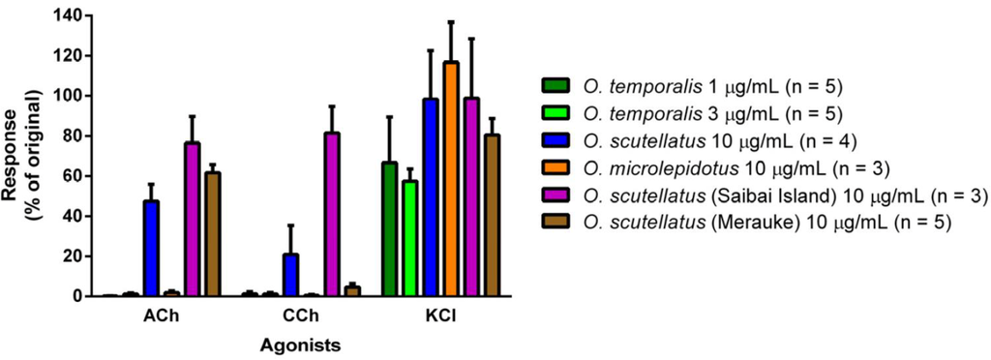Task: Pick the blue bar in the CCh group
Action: click(x=290, y=275)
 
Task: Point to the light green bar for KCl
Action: click(x=410, y=238)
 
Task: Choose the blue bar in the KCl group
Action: click(x=431, y=197)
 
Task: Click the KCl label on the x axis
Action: click(x=441, y=315)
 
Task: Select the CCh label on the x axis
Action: click(x=301, y=315)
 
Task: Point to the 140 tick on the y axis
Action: click(x=75, y=15)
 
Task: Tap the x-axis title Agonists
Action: click(x=301, y=344)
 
